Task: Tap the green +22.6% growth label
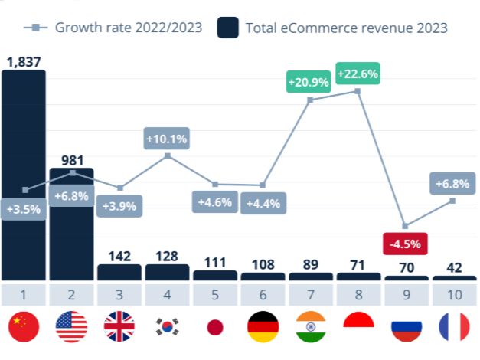coord(358,74)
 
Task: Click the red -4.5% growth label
coord(405,244)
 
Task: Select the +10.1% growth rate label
coord(167,139)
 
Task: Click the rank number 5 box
coord(214,294)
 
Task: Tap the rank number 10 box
coord(453,294)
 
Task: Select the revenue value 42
coord(453,267)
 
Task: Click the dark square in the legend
coord(229,28)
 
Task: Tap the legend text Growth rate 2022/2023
coord(129,28)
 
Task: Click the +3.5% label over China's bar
coord(24,208)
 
